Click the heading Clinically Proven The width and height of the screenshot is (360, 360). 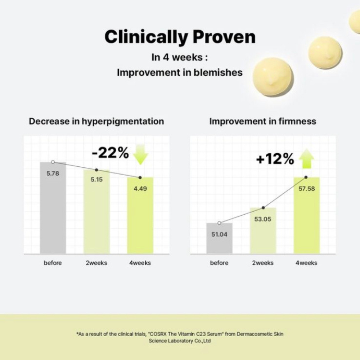180,37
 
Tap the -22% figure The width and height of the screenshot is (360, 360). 110,153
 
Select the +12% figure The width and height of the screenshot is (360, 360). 275,159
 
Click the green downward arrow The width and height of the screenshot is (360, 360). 140,155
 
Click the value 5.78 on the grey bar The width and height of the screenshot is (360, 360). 53,174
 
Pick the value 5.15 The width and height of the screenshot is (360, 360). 96,179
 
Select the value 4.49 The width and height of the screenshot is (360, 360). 140,188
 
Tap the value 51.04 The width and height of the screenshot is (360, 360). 219,234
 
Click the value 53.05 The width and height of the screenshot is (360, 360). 263,219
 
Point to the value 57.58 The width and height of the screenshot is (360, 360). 306,188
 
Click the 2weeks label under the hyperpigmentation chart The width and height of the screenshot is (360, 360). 96,263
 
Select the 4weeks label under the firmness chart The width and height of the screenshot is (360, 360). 306,263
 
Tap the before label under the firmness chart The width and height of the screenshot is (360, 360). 219,263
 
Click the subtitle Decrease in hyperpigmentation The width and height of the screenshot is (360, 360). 96,121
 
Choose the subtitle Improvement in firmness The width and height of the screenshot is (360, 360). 263,121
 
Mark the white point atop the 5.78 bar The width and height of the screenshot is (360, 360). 53,162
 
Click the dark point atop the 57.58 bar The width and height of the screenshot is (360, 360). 306,177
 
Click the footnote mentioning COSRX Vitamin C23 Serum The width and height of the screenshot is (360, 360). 180,337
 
